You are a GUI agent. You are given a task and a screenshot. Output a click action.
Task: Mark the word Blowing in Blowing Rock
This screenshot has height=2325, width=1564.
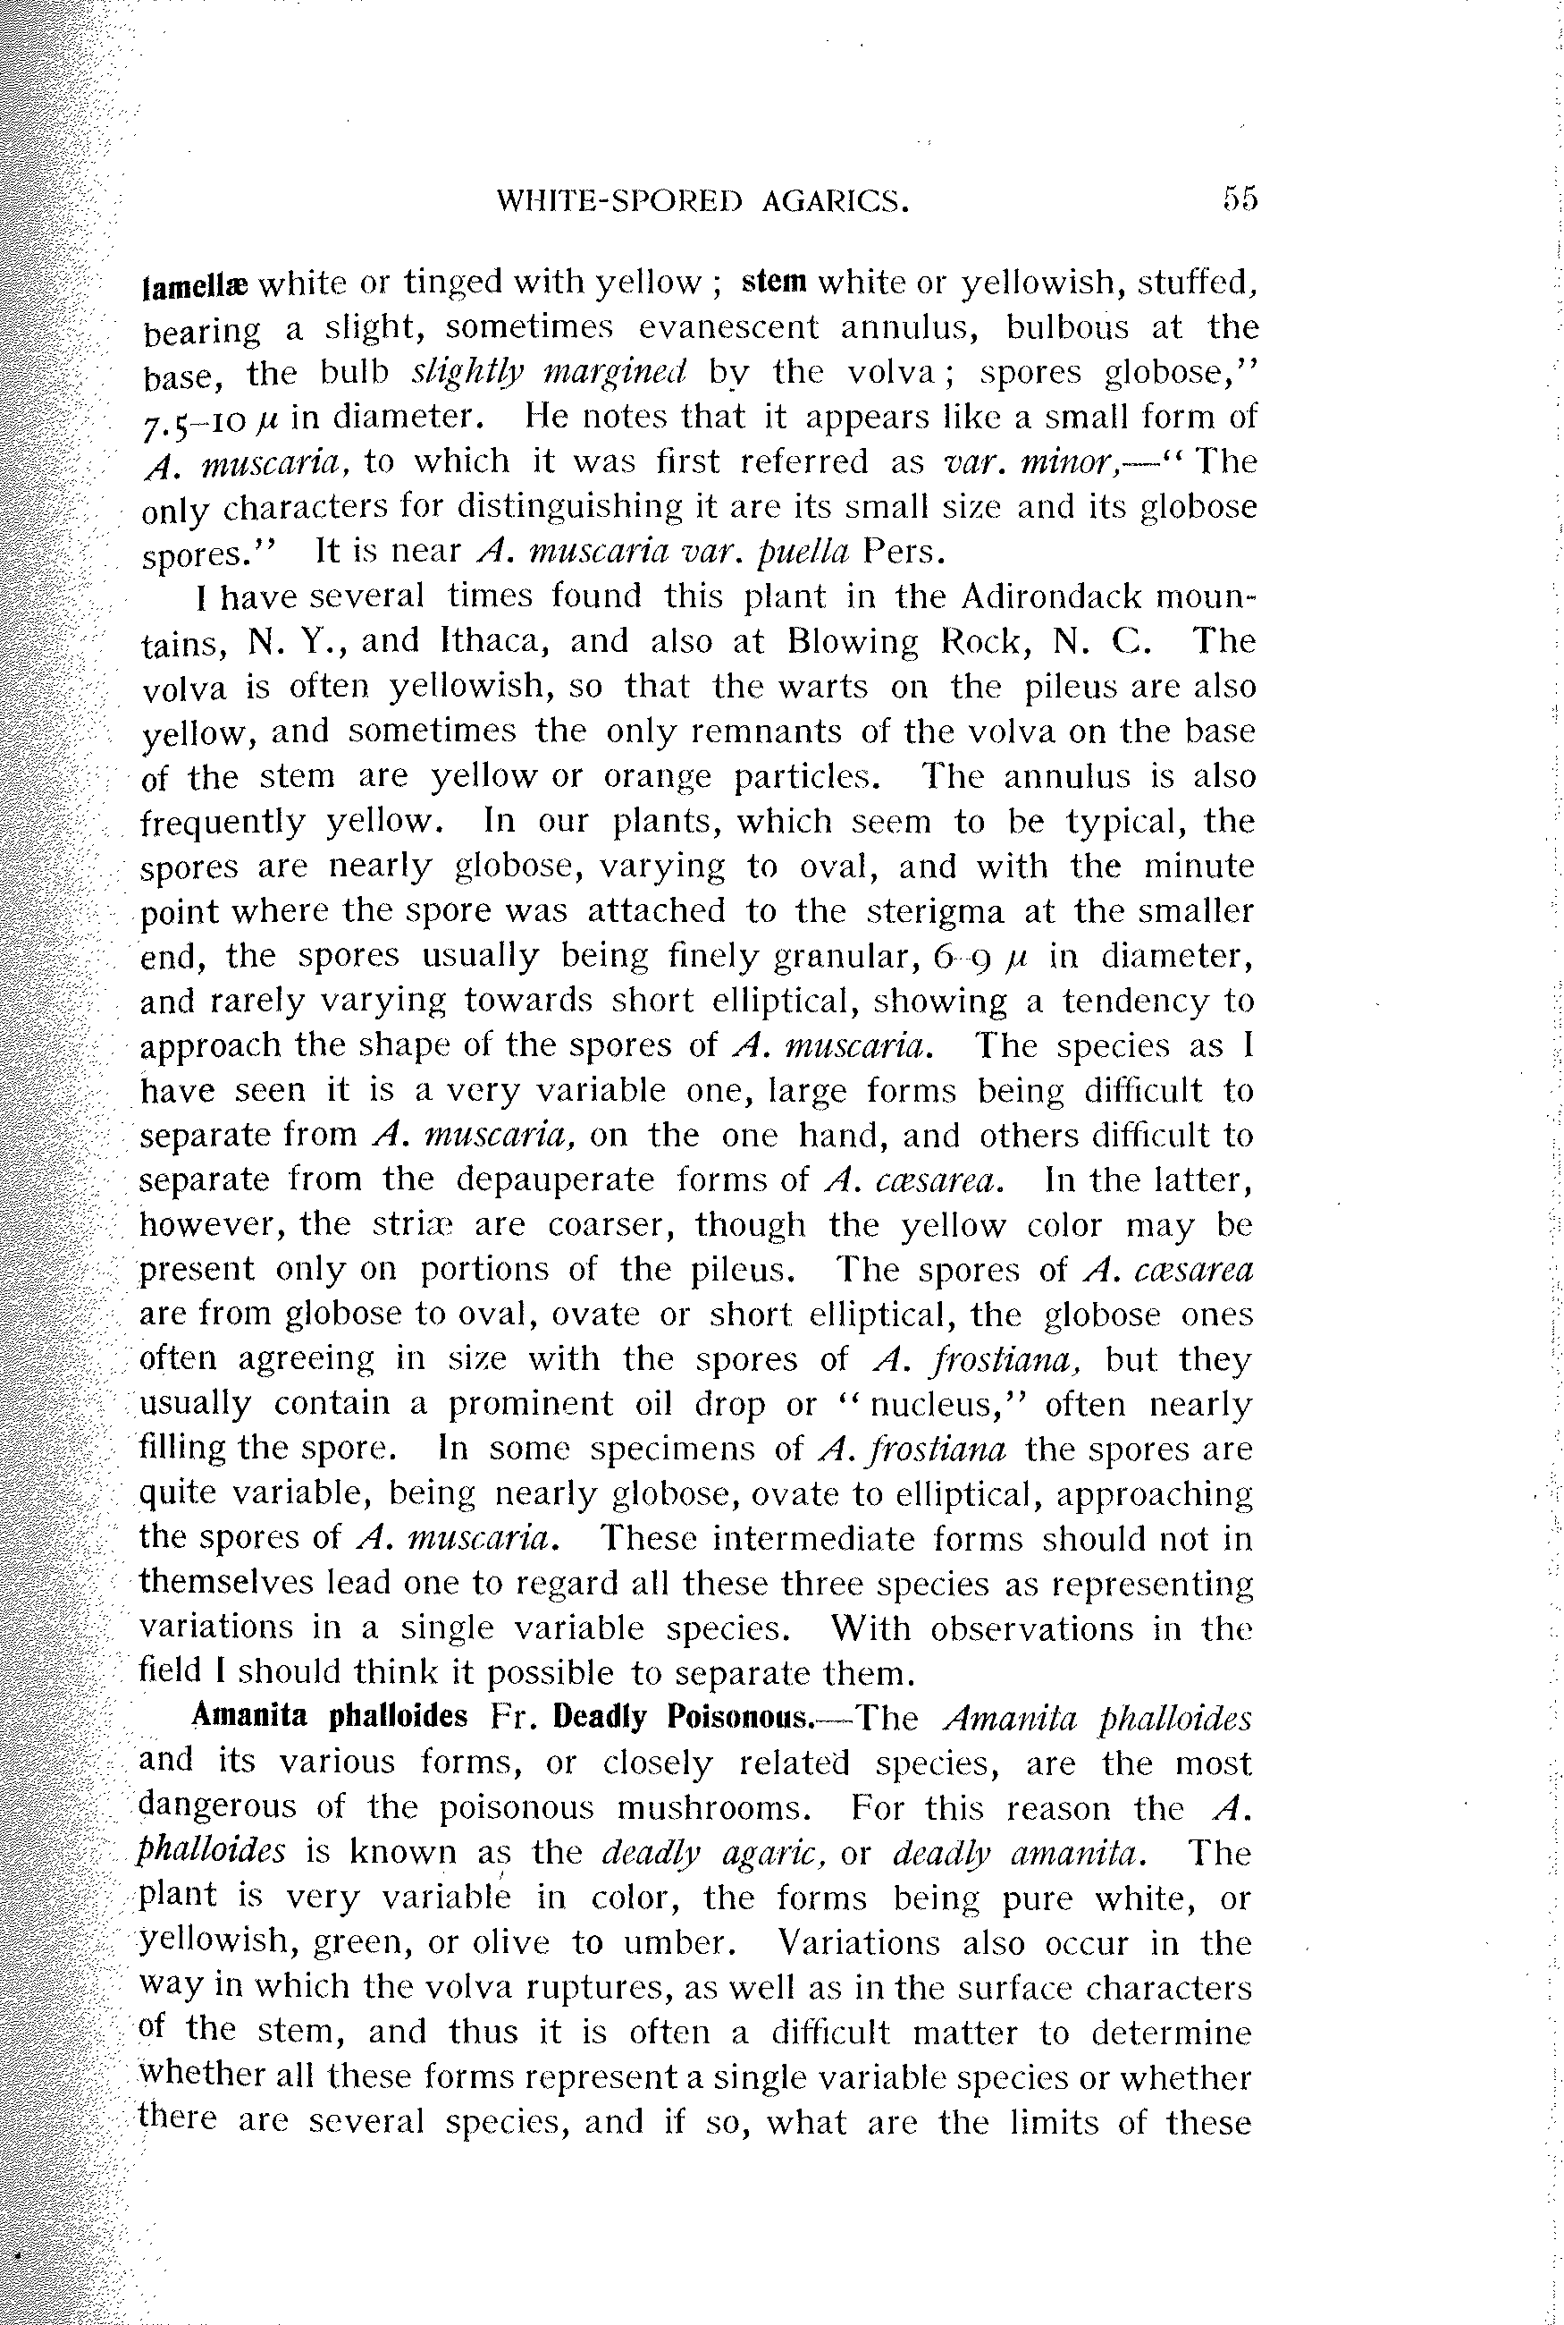click(x=852, y=642)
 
